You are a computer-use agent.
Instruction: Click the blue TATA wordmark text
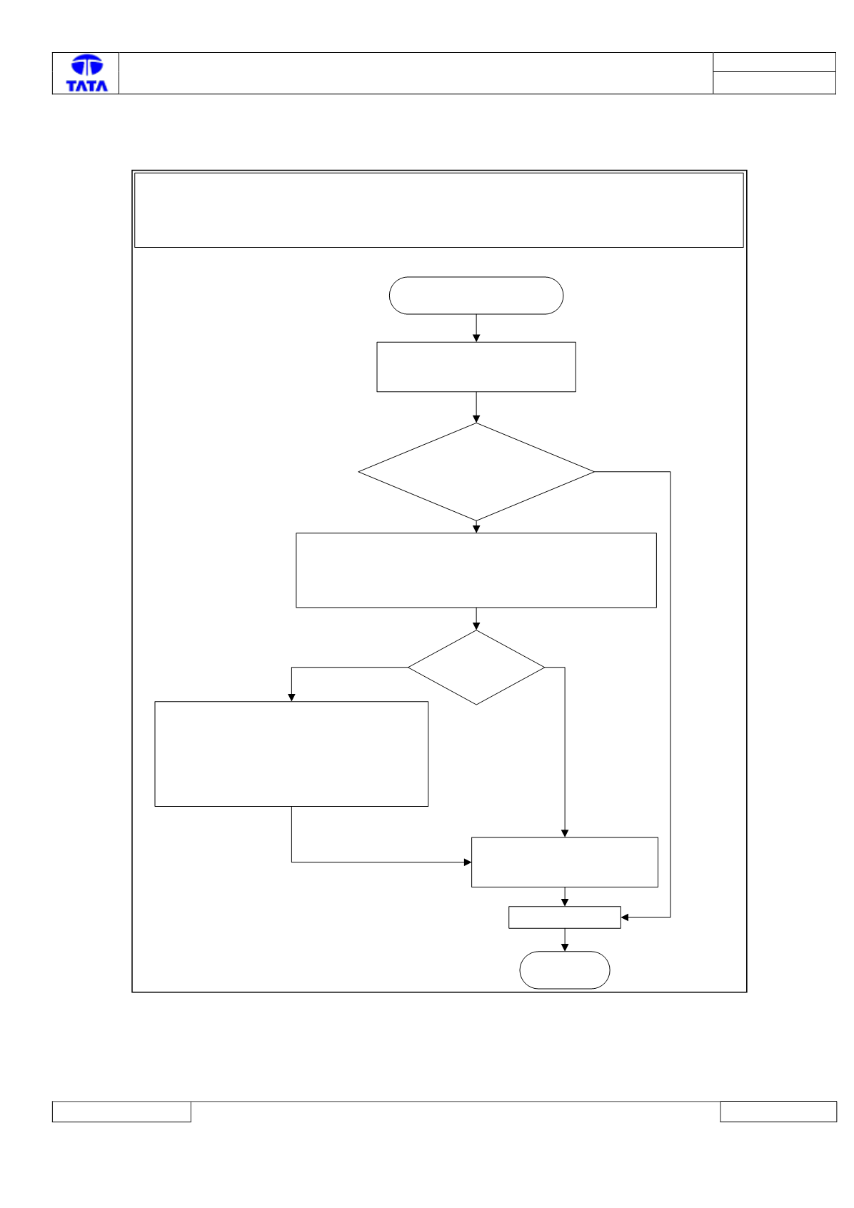pos(86,86)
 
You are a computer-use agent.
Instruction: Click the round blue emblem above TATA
pos(87,65)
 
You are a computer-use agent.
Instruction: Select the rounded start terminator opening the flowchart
pos(476,296)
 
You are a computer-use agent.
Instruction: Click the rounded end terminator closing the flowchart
pos(564,970)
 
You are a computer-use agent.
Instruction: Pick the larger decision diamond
pos(476,472)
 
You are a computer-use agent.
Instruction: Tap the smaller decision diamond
pos(476,668)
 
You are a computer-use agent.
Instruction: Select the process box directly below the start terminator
pos(476,367)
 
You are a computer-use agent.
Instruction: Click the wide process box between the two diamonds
pos(476,570)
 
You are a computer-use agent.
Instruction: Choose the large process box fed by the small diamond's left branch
pos(291,754)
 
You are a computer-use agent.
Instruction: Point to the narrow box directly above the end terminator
pos(564,917)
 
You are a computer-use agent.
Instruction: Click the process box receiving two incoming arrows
pos(564,862)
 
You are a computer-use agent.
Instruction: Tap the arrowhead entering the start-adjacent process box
pos(476,338)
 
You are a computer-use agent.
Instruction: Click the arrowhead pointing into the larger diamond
pos(476,419)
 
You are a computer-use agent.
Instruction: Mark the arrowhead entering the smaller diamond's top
pos(476,627)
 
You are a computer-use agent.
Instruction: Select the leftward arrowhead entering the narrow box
pos(625,917)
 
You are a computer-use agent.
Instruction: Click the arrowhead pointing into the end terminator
pos(564,947)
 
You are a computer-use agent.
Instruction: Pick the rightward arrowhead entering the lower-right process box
pos(468,862)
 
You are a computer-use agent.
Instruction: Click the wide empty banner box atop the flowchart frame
pos(438,210)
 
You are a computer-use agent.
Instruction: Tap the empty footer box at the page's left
pos(121,1112)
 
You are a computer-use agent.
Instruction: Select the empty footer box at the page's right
pos(778,1112)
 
